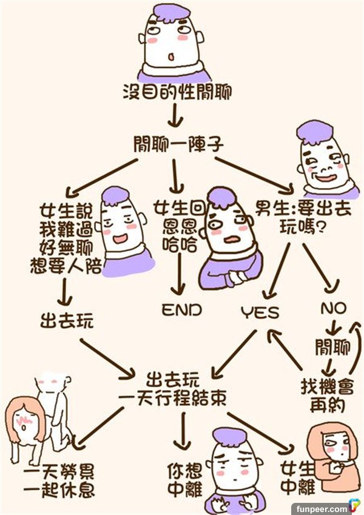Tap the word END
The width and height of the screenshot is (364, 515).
coord(181,310)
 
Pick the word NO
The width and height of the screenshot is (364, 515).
coord(333,309)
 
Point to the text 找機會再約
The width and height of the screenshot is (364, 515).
coord(327,395)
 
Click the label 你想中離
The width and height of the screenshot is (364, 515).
coord(184,479)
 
